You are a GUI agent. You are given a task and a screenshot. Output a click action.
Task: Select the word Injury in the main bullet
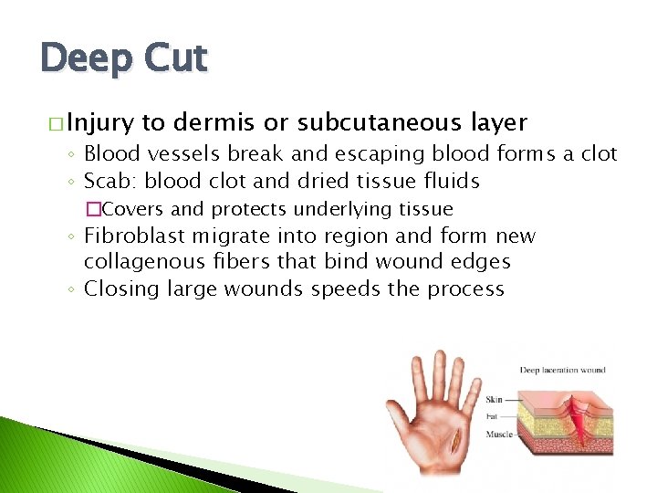99,123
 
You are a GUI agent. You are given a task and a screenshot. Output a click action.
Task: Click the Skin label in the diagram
494,400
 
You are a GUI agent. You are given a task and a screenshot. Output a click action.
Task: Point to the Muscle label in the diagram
498,435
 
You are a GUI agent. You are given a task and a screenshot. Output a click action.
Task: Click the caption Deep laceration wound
562,371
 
